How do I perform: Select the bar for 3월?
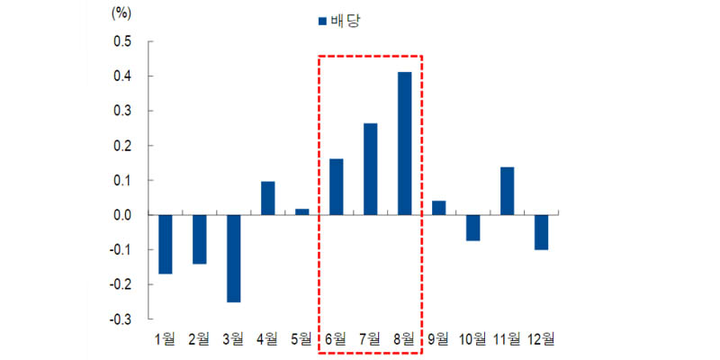click(x=234, y=258)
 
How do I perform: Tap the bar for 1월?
click(x=166, y=244)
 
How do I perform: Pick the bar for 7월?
click(x=371, y=169)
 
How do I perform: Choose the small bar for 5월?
click(x=302, y=212)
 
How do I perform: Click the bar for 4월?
click(x=268, y=198)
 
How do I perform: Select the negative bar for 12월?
click(x=541, y=232)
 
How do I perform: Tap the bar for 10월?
click(x=472, y=228)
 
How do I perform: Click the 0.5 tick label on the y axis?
click(x=121, y=42)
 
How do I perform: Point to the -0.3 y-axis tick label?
click(x=120, y=319)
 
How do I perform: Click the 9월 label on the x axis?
click(x=439, y=339)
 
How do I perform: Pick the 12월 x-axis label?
click(x=541, y=339)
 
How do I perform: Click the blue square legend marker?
click(x=321, y=20)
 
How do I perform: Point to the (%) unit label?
click(x=121, y=13)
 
